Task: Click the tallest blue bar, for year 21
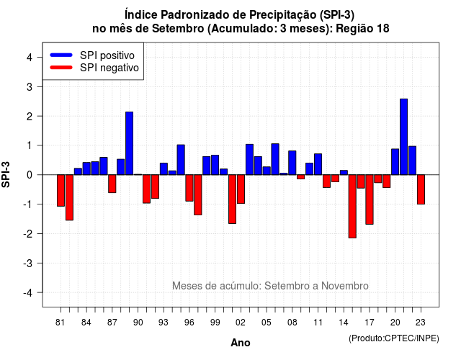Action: coord(403,137)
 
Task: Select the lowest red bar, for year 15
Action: coord(352,207)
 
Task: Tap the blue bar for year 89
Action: coord(130,143)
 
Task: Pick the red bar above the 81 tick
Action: coord(61,190)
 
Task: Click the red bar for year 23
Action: coord(421,189)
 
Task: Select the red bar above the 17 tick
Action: coord(370,199)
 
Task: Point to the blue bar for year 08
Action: coord(292,163)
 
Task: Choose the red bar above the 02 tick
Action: coord(241,189)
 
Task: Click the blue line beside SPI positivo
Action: coord(61,55)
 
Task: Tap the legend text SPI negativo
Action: coord(109,68)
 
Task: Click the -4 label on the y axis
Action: coord(28,293)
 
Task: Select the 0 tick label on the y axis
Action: coord(30,175)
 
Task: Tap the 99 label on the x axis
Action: coord(215,323)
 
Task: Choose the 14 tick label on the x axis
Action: coord(344,323)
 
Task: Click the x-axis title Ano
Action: coord(241,343)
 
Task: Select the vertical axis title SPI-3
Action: coord(6,175)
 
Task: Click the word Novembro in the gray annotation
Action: coord(345,286)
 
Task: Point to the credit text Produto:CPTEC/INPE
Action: coord(394,338)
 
